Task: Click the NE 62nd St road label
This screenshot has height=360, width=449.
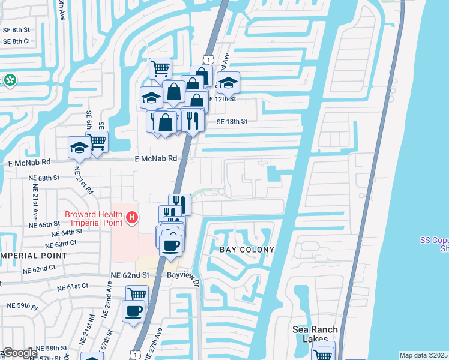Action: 129,275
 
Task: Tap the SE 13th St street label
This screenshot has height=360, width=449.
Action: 232,121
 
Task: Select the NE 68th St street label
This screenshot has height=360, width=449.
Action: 44,178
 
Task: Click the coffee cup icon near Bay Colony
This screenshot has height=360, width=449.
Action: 170,245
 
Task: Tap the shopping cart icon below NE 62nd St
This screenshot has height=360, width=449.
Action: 137,295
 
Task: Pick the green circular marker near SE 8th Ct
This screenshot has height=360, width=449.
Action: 10,80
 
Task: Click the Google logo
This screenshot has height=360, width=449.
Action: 19,353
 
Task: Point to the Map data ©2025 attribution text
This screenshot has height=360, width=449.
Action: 424,355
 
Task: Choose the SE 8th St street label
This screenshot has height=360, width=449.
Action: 16,30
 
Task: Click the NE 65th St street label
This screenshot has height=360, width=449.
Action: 44,224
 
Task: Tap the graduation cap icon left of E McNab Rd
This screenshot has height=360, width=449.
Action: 79,148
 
